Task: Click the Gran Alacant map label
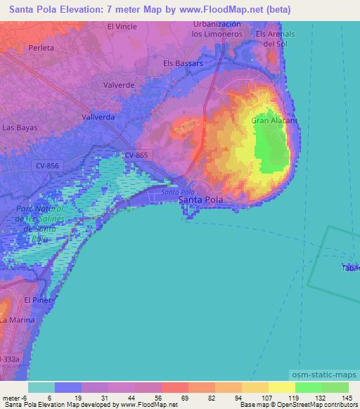click(275, 120)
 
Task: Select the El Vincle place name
click(122, 27)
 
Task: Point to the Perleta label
click(41, 48)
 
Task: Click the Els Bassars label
click(183, 63)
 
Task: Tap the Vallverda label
click(98, 117)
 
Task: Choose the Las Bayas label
click(20, 128)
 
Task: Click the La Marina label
click(14, 320)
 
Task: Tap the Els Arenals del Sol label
click(275, 38)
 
